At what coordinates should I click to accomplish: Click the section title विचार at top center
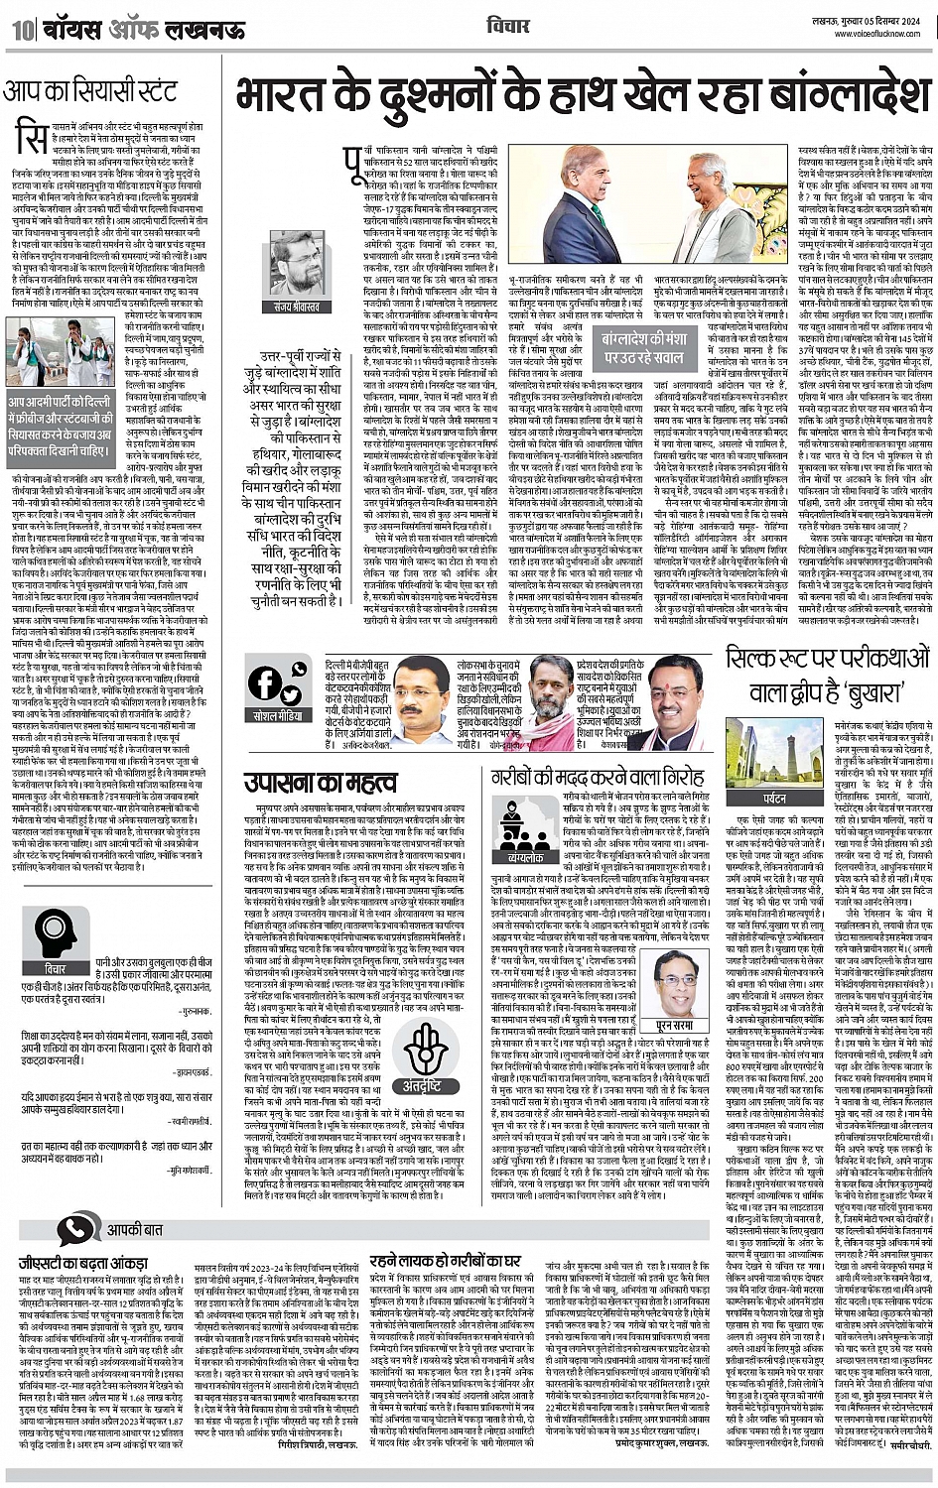pyautogui.click(x=509, y=26)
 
